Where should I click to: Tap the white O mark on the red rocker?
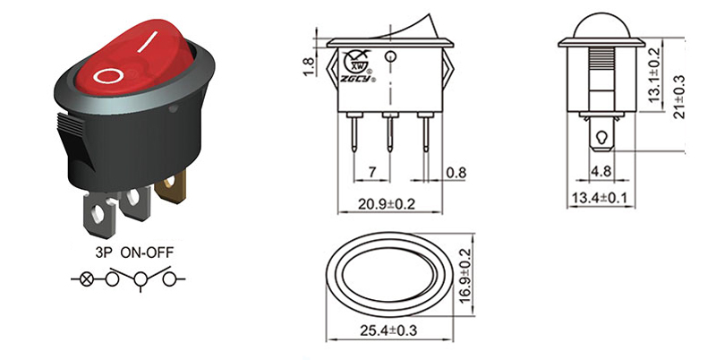click(107, 75)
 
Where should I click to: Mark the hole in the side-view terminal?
click(601, 137)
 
